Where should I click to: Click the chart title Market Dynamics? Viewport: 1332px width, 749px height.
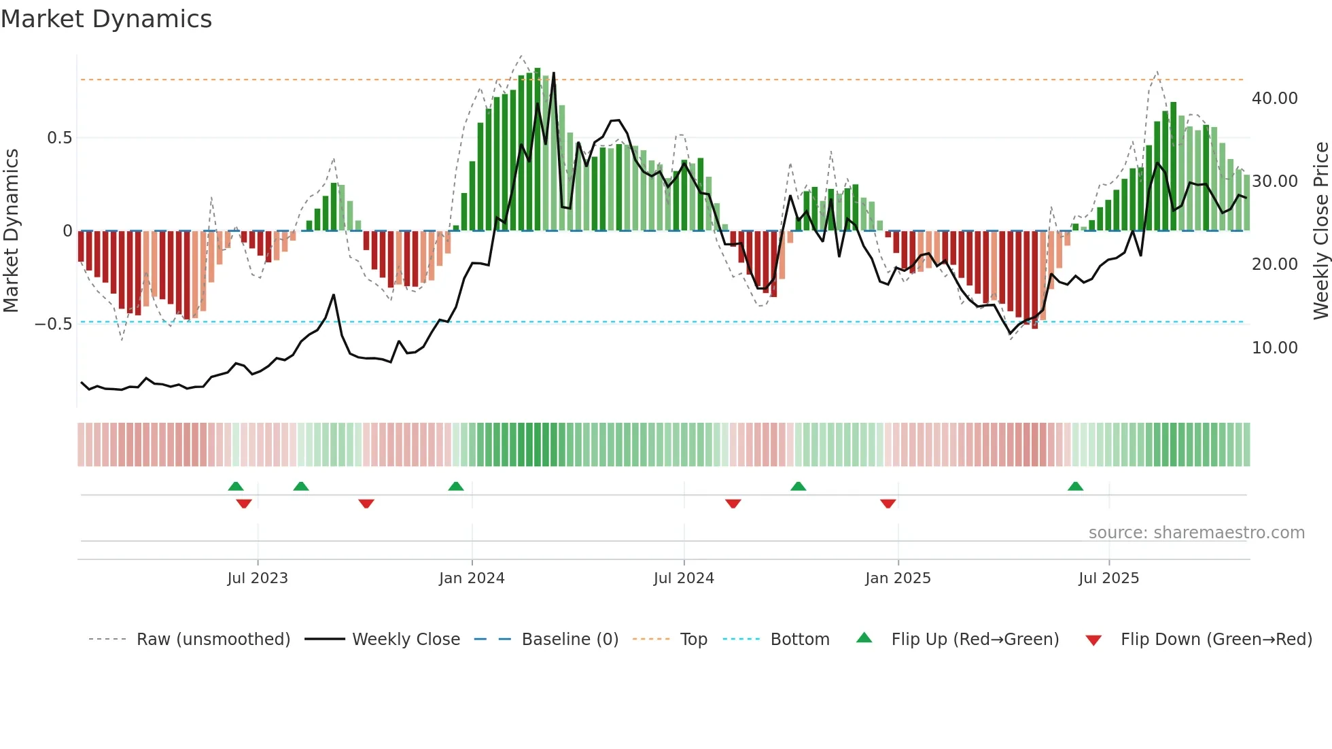pyautogui.click(x=106, y=19)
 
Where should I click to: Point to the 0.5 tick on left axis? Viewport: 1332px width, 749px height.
pyautogui.click(x=59, y=138)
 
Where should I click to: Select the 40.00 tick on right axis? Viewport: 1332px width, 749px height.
pyautogui.click(x=1274, y=99)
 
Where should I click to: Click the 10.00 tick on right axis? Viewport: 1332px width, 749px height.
pyautogui.click(x=1274, y=348)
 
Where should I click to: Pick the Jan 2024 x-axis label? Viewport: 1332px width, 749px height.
pyautogui.click(x=472, y=578)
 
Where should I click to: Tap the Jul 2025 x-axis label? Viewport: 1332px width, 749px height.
pyautogui.click(x=1108, y=578)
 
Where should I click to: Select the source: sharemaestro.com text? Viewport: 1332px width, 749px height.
pyautogui.click(x=1196, y=533)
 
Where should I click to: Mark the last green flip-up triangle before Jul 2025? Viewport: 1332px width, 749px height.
pyautogui.click(x=1075, y=487)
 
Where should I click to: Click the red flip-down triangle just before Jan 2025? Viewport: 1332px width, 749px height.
pyautogui.click(x=888, y=504)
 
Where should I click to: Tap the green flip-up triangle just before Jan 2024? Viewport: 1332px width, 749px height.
pyautogui.click(x=456, y=487)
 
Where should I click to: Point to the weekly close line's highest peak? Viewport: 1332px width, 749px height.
pyautogui.click(x=553, y=73)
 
